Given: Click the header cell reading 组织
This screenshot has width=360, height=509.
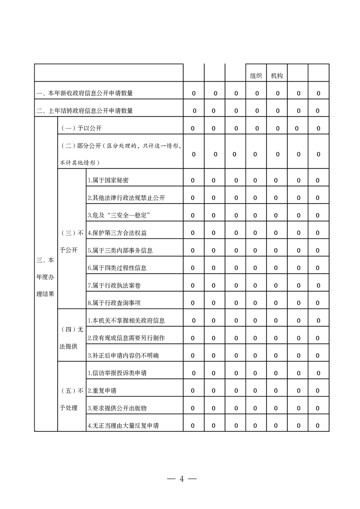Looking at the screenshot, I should click(x=256, y=76).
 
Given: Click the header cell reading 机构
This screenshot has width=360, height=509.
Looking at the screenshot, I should click(x=277, y=76).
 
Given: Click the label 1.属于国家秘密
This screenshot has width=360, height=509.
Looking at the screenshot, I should click(x=108, y=181).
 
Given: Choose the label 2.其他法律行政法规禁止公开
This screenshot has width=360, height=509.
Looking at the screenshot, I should click(x=126, y=198).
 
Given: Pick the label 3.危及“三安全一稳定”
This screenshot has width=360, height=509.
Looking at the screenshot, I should click(x=119, y=215).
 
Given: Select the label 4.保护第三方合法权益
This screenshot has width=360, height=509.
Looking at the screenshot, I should click(x=117, y=233).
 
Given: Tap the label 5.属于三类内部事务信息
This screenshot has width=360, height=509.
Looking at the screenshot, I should click(x=120, y=250).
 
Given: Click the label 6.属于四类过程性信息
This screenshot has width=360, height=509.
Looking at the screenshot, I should click(x=117, y=268).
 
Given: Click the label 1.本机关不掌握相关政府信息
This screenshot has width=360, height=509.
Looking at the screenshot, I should click(x=126, y=321).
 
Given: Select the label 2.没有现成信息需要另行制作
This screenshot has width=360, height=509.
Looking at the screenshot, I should click(x=126, y=338).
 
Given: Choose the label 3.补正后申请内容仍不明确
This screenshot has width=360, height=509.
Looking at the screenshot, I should click(x=123, y=356).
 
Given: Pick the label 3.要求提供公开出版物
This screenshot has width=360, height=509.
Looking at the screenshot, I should click(x=117, y=408).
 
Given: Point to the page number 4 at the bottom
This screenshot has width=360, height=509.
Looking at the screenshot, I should click(x=181, y=479).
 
